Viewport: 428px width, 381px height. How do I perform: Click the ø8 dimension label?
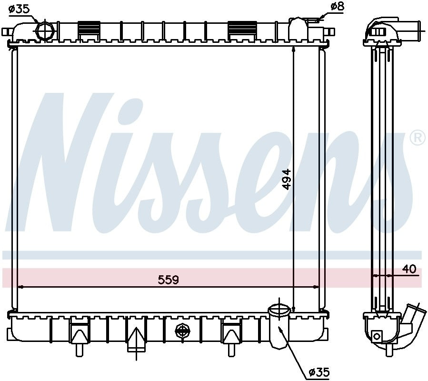[337, 7]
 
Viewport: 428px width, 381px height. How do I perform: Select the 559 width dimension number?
[168, 280]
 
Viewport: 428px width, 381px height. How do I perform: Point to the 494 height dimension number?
[286, 179]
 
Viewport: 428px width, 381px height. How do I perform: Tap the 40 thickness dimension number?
[409, 270]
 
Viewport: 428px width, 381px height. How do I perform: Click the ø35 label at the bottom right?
[319, 371]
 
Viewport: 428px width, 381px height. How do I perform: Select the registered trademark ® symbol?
[417, 138]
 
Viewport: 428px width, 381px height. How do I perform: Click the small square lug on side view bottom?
[378, 336]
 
